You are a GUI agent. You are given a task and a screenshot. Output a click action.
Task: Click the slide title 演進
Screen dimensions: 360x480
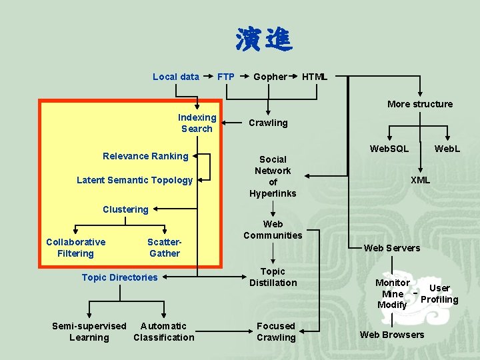[x=263, y=41]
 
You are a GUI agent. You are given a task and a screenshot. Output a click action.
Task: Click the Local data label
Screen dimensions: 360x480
[x=176, y=77]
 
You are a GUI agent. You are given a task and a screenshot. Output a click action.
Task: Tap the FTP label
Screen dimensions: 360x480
[x=226, y=77]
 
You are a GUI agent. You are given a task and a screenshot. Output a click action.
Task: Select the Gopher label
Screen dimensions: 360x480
[x=270, y=77]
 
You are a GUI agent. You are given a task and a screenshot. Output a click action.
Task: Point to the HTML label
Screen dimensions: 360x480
[x=315, y=77]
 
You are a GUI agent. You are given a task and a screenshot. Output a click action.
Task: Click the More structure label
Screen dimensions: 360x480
[x=420, y=104]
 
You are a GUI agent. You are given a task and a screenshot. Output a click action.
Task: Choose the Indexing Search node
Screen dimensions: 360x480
[x=197, y=123]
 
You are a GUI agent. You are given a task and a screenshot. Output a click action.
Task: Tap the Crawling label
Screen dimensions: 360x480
[x=268, y=123]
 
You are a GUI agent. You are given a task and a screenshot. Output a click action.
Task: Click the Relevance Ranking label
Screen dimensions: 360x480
[x=145, y=156]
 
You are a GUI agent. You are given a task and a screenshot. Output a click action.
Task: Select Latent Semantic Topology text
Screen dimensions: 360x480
[x=135, y=180]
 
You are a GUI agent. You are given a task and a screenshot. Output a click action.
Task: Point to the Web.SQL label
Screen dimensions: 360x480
[x=390, y=148]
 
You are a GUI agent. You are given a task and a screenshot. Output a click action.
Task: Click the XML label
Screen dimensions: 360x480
[x=420, y=180]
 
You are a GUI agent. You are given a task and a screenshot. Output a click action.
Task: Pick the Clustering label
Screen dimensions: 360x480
[x=125, y=209]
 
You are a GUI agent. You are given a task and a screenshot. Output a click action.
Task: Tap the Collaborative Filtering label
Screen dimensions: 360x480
[x=76, y=248]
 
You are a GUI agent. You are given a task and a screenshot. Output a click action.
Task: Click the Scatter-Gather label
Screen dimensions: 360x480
[x=164, y=248]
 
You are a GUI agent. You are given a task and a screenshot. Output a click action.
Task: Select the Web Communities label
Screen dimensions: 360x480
[x=273, y=229]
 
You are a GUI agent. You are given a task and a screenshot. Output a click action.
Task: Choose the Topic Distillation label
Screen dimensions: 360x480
[x=273, y=277]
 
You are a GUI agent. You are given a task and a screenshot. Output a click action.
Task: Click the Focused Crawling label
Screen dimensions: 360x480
[x=276, y=332]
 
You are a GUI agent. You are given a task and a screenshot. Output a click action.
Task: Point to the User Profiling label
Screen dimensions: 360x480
[x=439, y=294]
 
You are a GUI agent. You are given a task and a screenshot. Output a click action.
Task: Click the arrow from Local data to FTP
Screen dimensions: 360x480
[x=208, y=77]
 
